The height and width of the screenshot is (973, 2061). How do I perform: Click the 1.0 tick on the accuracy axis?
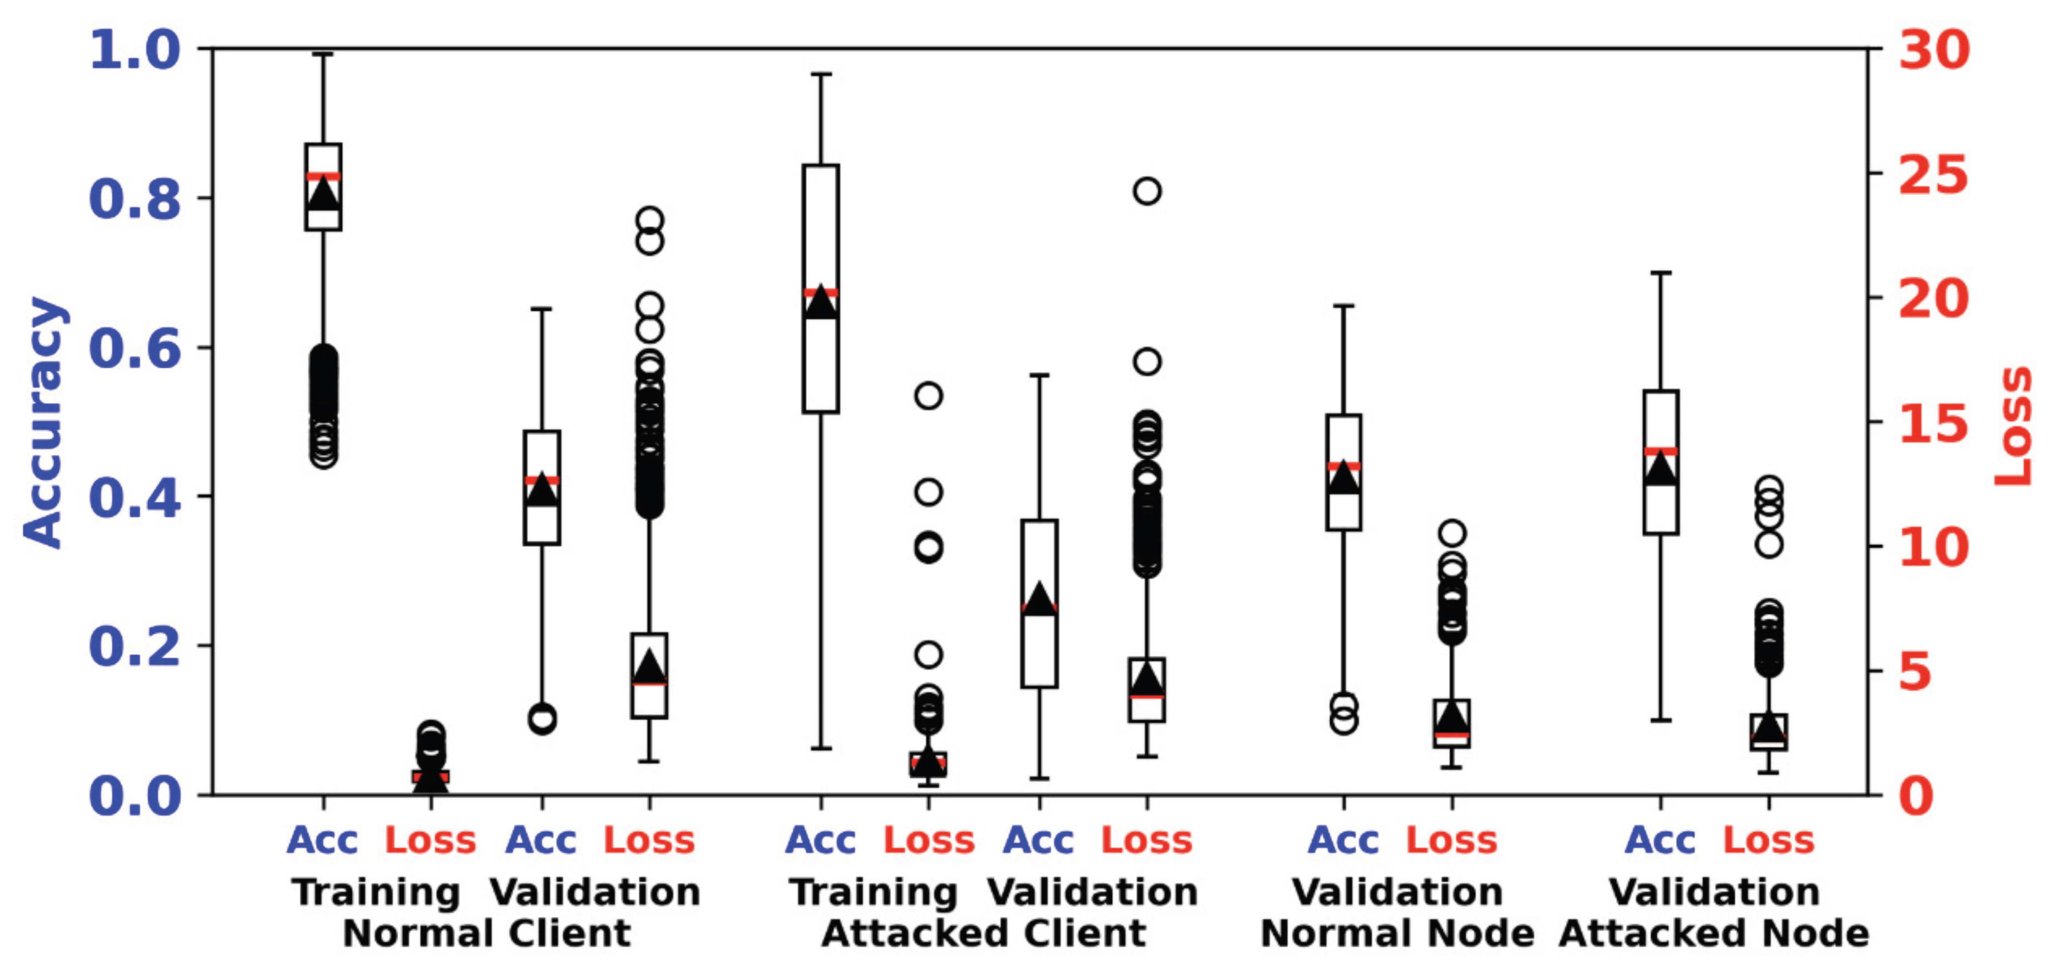coord(134,50)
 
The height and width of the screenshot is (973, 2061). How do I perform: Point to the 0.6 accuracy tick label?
coord(134,348)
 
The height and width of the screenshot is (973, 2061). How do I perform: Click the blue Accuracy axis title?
coord(44,422)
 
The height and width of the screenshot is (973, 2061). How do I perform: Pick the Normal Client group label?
coord(486,934)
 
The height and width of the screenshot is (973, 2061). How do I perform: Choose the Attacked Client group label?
coord(984,934)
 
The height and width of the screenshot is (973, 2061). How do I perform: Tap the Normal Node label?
coord(1397,934)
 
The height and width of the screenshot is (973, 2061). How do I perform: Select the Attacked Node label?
coord(1714,934)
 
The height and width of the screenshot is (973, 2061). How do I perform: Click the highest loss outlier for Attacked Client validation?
coord(1148,191)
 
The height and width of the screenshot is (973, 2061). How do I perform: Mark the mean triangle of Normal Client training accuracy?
coord(323,193)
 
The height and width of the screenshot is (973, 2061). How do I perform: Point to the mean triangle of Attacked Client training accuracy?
coord(821,302)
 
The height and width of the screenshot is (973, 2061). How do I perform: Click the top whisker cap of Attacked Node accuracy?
coord(1661,273)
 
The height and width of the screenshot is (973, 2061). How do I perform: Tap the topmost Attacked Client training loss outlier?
coord(928,395)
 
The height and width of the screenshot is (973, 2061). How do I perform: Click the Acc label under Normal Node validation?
coord(1344,841)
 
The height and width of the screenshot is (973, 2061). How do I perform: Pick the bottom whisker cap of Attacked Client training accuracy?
coord(821,748)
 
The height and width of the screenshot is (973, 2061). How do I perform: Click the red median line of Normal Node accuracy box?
coord(1344,466)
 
